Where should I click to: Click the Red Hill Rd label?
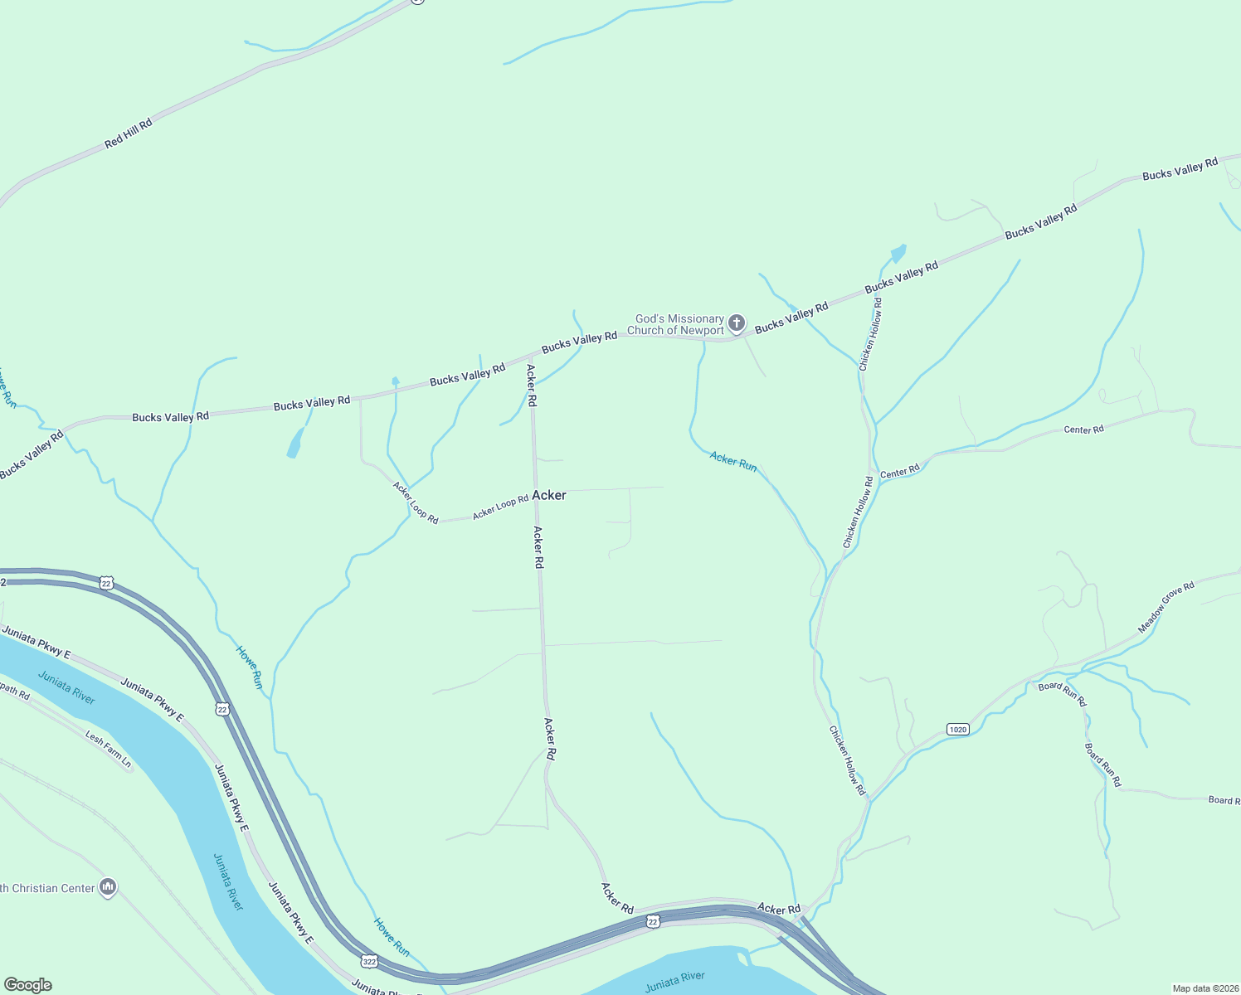[129, 133]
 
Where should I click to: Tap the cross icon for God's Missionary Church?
[736, 323]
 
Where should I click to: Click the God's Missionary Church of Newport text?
[676, 324]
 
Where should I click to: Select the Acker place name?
[549, 495]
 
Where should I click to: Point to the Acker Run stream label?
[733, 462]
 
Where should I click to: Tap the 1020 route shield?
[957, 729]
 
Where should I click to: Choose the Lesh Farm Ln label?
[109, 746]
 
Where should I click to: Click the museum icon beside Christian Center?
[107, 888]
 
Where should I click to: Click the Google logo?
[27, 985]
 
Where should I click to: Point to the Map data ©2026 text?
[1204, 988]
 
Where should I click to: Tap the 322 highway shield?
[369, 961]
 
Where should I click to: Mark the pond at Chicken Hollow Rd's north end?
[898, 253]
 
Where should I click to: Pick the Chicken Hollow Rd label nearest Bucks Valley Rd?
[871, 333]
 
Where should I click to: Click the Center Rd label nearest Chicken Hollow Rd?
[899, 472]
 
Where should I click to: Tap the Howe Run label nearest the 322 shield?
[392, 936]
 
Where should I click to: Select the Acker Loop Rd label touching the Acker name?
[500, 507]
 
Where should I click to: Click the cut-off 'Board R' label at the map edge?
[1224, 800]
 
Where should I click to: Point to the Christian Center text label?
[48, 888]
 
